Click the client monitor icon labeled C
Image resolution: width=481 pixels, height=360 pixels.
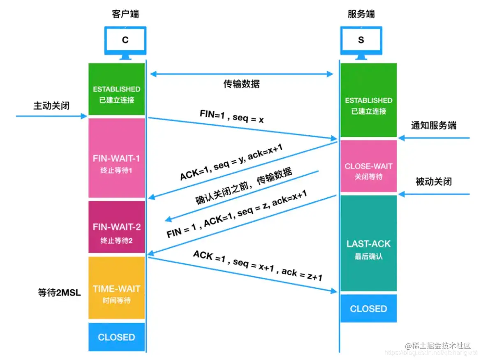click(x=125, y=41)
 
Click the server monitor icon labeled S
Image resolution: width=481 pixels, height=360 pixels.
click(x=361, y=41)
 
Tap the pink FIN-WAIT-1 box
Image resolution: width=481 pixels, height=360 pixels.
click(x=117, y=158)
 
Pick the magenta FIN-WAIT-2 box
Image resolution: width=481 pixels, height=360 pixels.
click(x=117, y=227)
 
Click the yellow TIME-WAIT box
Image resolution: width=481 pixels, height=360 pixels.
click(x=117, y=288)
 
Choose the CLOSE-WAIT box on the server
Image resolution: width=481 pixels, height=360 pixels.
click(x=368, y=166)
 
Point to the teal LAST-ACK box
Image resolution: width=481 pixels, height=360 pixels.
click(x=368, y=244)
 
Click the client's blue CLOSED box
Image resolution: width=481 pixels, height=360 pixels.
click(x=117, y=337)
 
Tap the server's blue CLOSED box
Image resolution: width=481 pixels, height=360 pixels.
click(x=368, y=309)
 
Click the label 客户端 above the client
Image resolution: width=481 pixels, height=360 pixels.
click(x=125, y=14)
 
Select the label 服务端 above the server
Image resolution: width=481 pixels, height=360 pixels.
click(x=361, y=14)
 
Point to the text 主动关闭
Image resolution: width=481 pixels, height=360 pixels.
click(x=51, y=106)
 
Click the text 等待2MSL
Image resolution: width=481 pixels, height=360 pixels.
click(x=59, y=293)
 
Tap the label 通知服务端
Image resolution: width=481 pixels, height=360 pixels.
click(x=434, y=125)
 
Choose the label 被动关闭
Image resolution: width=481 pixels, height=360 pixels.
click(x=434, y=181)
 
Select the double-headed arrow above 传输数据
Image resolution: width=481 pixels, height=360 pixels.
click(x=241, y=74)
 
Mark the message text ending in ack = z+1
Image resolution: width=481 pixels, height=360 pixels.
click(x=258, y=266)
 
